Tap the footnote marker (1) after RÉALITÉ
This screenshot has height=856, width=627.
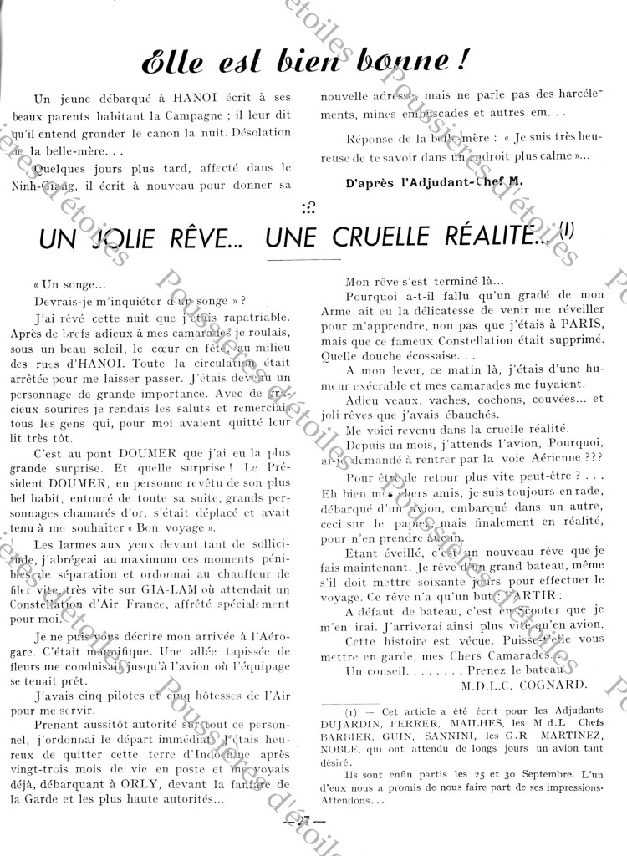click(568, 234)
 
